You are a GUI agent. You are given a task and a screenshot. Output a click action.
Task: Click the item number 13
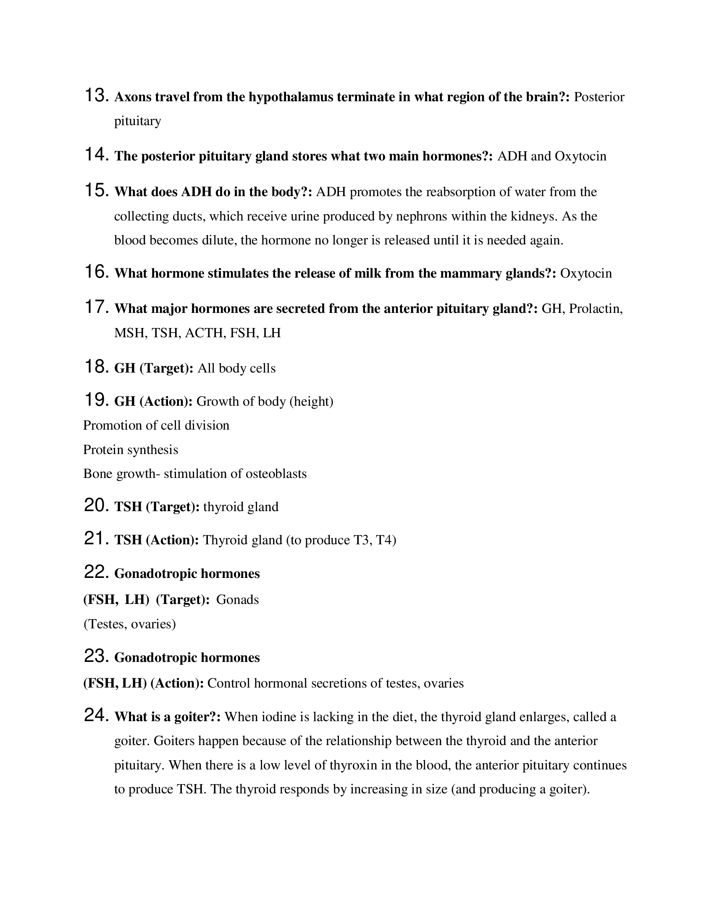click(x=97, y=95)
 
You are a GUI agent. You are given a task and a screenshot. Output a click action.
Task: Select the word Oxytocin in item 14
click(x=580, y=157)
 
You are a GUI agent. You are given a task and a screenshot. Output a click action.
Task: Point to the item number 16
click(x=97, y=272)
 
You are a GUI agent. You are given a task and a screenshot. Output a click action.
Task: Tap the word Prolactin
click(x=596, y=309)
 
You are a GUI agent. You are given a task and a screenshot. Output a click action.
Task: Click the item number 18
click(x=97, y=367)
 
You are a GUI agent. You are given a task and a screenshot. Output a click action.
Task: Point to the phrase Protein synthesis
click(x=130, y=450)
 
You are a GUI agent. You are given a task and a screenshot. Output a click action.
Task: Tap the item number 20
click(x=97, y=505)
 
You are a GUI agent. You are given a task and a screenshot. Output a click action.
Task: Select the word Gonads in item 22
click(x=237, y=600)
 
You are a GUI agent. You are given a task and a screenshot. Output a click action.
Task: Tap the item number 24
click(x=97, y=715)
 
